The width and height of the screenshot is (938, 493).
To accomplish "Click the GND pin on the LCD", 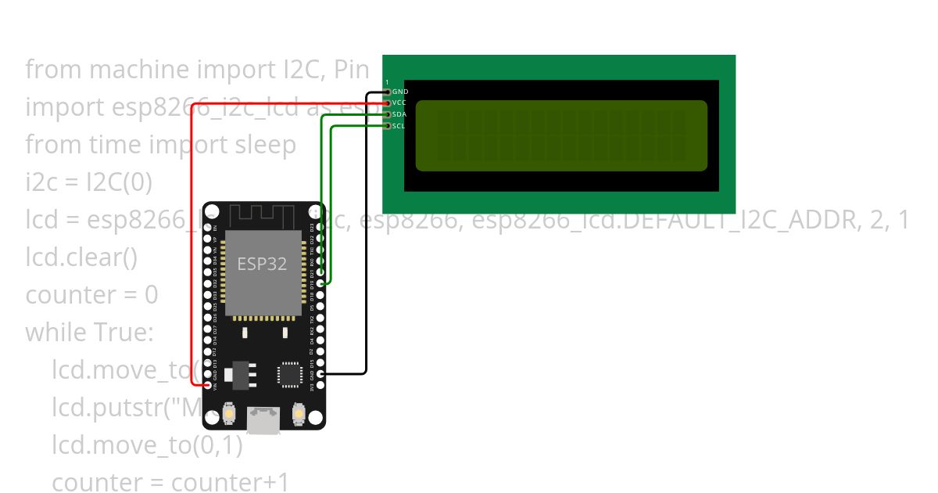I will point(387,92).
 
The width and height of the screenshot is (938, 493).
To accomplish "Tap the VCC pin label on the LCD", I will point(399,103).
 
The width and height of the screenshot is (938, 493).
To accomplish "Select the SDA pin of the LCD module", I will point(387,114).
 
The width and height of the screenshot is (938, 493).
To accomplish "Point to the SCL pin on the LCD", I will point(387,125).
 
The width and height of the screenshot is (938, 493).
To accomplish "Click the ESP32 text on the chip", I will point(262,264).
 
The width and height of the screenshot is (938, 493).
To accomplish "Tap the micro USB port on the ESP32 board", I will point(263,421).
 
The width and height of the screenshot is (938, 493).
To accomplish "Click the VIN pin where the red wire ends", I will point(208,386).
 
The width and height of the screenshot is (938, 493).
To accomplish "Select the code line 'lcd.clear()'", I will point(81,257).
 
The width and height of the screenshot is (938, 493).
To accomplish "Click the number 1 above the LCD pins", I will point(387,82).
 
